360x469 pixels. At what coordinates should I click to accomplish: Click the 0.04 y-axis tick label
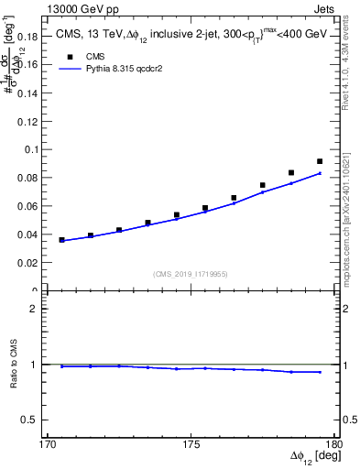click(31, 234)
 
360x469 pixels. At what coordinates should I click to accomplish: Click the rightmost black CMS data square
click(320, 161)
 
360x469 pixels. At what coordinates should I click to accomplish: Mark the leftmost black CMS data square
click(62, 240)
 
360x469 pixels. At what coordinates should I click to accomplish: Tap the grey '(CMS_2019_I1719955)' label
click(191, 273)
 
